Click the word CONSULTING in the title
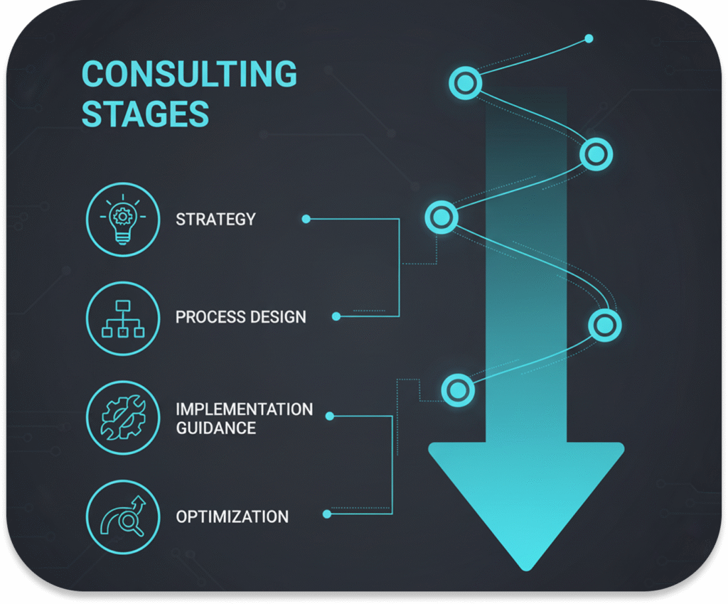[x=189, y=74]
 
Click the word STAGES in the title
[x=145, y=114]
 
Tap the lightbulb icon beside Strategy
[x=123, y=220]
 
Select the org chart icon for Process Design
[x=123, y=319]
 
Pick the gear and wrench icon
[x=123, y=418]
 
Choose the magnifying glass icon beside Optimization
[x=123, y=517]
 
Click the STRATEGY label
[x=216, y=220]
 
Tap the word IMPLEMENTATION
[x=245, y=409]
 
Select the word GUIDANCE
[x=216, y=428]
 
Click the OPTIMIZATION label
[x=232, y=517]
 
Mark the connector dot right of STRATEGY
[x=306, y=219]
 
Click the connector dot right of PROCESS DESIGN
[x=336, y=316]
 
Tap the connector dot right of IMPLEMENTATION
[x=330, y=416]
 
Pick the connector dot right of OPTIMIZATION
[x=327, y=514]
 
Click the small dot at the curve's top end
[x=589, y=38]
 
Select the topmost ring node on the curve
[x=465, y=83]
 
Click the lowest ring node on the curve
[x=459, y=389]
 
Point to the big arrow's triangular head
[x=526, y=501]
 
